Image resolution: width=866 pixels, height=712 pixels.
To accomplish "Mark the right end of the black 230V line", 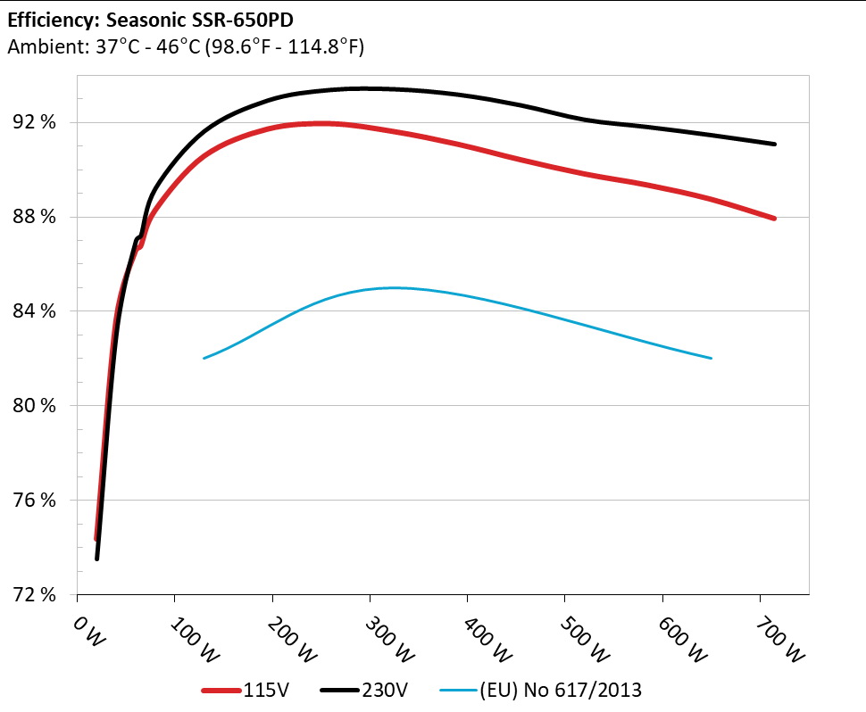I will [774, 144].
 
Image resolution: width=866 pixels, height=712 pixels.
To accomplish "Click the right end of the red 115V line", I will [774, 219].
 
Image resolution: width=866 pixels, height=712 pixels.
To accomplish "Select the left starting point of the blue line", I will [204, 358].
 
